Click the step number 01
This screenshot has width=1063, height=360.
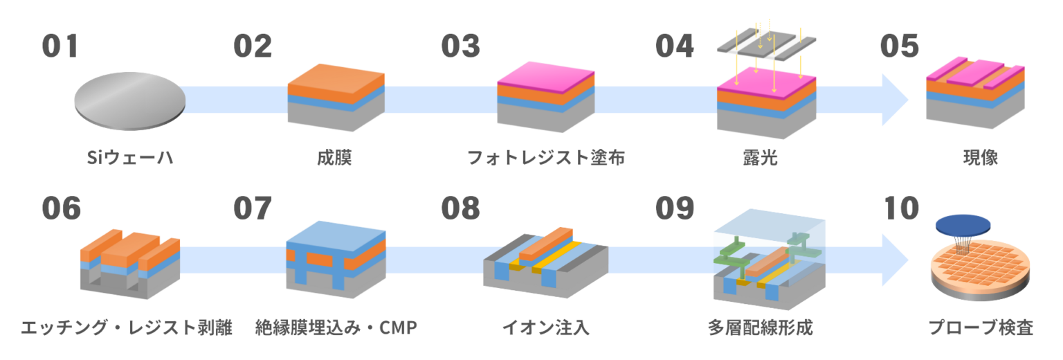[60, 46]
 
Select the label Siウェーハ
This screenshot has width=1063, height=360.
[129, 159]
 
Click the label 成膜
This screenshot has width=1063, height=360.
[335, 159]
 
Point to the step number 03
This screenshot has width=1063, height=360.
[461, 46]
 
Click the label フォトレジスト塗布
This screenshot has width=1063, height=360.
[546, 159]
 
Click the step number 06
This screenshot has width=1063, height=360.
[61, 208]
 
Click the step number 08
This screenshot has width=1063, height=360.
[461, 208]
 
